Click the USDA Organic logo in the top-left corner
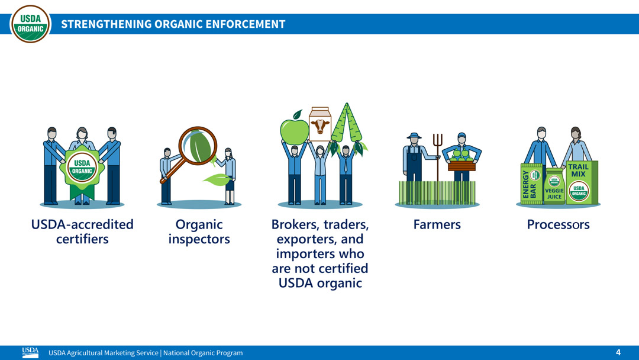30,24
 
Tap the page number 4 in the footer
618,352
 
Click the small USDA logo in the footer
30,352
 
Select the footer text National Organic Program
203,353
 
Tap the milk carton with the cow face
320,124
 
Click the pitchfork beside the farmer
437,154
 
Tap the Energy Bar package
530,184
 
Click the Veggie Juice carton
554,188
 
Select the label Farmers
437,225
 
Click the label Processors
558,225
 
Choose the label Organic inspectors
199,232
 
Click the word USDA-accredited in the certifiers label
82,225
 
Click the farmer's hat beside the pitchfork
414,136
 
